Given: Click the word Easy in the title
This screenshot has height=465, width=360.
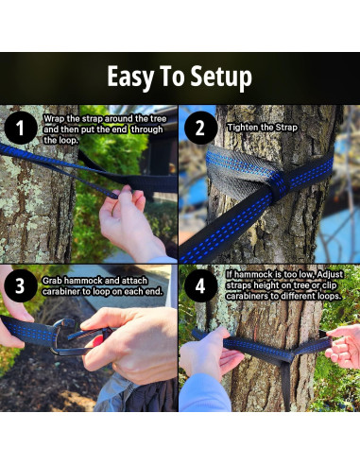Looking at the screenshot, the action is click(130, 77).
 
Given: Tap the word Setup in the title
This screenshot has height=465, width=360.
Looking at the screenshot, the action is click(221, 77).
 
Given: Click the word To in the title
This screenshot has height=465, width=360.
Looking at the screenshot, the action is click(173, 77).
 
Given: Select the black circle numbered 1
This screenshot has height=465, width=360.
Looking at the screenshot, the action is click(21, 128).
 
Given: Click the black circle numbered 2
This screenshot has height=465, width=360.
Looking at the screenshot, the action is click(200, 128).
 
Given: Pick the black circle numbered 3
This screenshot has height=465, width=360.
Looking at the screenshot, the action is click(21, 286).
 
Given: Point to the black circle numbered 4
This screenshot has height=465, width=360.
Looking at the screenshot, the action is click(200, 286).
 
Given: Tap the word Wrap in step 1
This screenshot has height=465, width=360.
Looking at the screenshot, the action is click(54, 119).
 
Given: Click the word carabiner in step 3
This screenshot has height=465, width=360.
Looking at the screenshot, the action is click(60, 292).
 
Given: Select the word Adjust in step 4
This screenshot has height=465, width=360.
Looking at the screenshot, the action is click(330, 275).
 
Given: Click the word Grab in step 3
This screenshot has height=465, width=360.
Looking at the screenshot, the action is click(52, 281).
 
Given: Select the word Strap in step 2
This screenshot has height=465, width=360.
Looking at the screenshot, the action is click(286, 128).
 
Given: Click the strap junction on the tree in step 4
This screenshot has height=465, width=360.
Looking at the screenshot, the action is click(287, 355).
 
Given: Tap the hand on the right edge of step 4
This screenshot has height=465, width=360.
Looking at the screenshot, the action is click(344, 346).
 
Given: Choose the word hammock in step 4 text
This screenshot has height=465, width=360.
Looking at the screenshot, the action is click(252, 275).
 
